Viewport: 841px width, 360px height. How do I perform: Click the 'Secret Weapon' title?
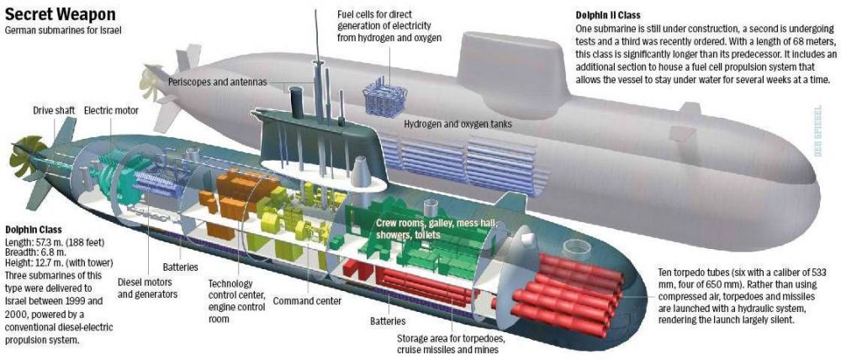(x=60, y=13)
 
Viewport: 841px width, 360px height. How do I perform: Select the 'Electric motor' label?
(x=111, y=110)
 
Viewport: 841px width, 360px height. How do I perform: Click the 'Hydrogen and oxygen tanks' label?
(x=458, y=124)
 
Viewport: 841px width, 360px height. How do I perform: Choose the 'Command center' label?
(x=307, y=301)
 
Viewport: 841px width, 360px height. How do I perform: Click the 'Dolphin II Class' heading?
(x=608, y=15)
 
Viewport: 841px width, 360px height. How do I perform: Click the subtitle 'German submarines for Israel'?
(x=63, y=30)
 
